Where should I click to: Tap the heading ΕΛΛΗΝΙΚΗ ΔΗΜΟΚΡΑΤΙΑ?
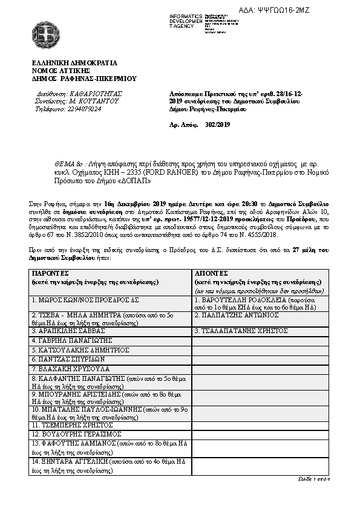(75, 62)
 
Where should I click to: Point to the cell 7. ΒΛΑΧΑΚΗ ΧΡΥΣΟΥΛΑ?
(70, 368)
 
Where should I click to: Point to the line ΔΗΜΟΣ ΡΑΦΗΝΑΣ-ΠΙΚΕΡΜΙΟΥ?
(84, 78)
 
